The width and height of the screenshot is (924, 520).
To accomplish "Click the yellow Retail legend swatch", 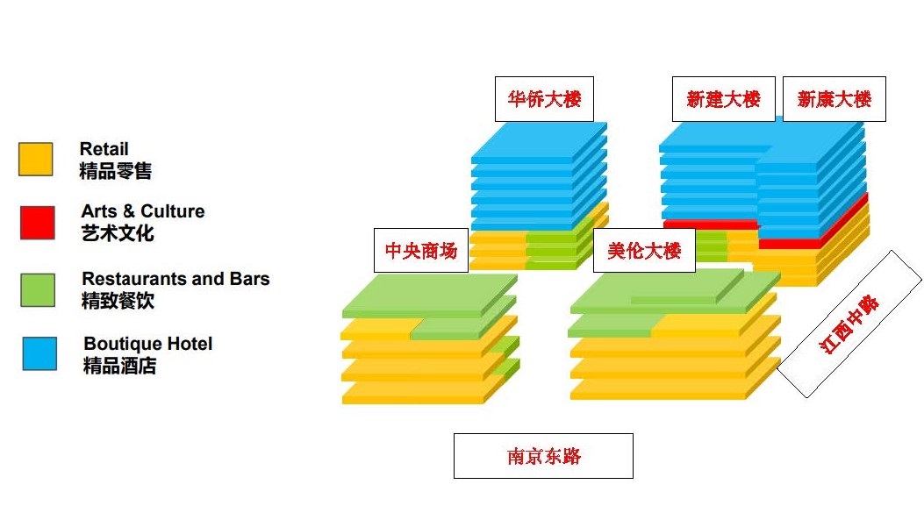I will [x=35, y=160].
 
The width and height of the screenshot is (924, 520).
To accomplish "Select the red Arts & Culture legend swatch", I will [x=38, y=222].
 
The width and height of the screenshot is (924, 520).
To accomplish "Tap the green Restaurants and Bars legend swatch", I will [x=38, y=289].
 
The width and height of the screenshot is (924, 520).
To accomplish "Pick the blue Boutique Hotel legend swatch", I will [x=39, y=353].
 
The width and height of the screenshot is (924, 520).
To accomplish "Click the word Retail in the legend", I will [x=104, y=149].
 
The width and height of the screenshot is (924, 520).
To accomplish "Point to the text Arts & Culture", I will [x=143, y=211].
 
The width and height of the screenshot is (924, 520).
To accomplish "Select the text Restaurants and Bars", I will [x=175, y=279].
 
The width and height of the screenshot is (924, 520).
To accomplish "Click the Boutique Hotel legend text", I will [x=148, y=344].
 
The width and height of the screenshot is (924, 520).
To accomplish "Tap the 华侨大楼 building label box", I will [x=544, y=98].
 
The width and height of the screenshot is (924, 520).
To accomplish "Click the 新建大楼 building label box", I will [x=723, y=98].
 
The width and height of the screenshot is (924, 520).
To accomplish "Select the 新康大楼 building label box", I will [x=834, y=98].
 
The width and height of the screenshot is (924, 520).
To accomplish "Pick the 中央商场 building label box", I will [x=421, y=251].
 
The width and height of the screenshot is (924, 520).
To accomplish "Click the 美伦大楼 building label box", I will [x=644, y=251].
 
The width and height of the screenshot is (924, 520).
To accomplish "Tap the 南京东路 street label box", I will [x=543, y=456].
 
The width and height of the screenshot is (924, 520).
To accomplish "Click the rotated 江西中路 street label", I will [x=849, y=324].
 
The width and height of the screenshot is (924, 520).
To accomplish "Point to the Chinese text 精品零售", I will [x=115, y=171].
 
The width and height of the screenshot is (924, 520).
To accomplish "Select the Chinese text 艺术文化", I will [x=118, y=233].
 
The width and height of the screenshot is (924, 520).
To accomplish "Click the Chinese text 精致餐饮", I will [x=118, y=301].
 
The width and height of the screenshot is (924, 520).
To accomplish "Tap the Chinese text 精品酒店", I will [x=119, y=366].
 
